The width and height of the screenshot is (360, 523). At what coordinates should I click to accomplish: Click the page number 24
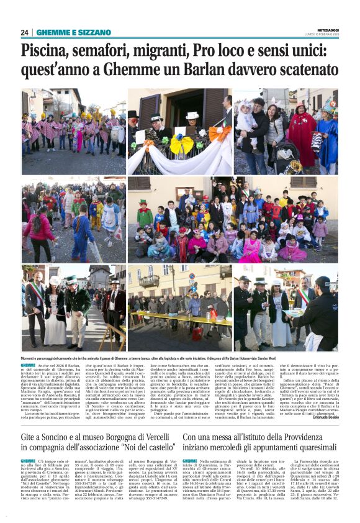(x=25, y=32)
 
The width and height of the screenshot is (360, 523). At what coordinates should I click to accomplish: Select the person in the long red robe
(x=303, y=134)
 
